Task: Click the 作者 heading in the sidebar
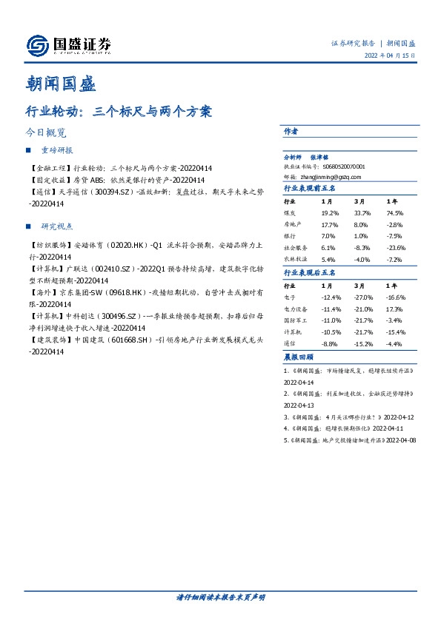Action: click(x=291, y=131)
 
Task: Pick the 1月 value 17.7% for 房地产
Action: click(x=330, y=224)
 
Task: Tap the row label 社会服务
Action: click(x=296, y=248)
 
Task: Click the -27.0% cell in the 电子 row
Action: click(x=363, y=296)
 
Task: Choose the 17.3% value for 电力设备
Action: click(x=394, y=308)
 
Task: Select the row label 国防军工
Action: click(x=296, y=320)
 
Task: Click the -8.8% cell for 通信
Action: click(x=330, y=343)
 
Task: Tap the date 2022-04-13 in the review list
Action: click(x=299, y=405)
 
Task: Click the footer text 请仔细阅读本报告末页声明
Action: click(x=220, y=596)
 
